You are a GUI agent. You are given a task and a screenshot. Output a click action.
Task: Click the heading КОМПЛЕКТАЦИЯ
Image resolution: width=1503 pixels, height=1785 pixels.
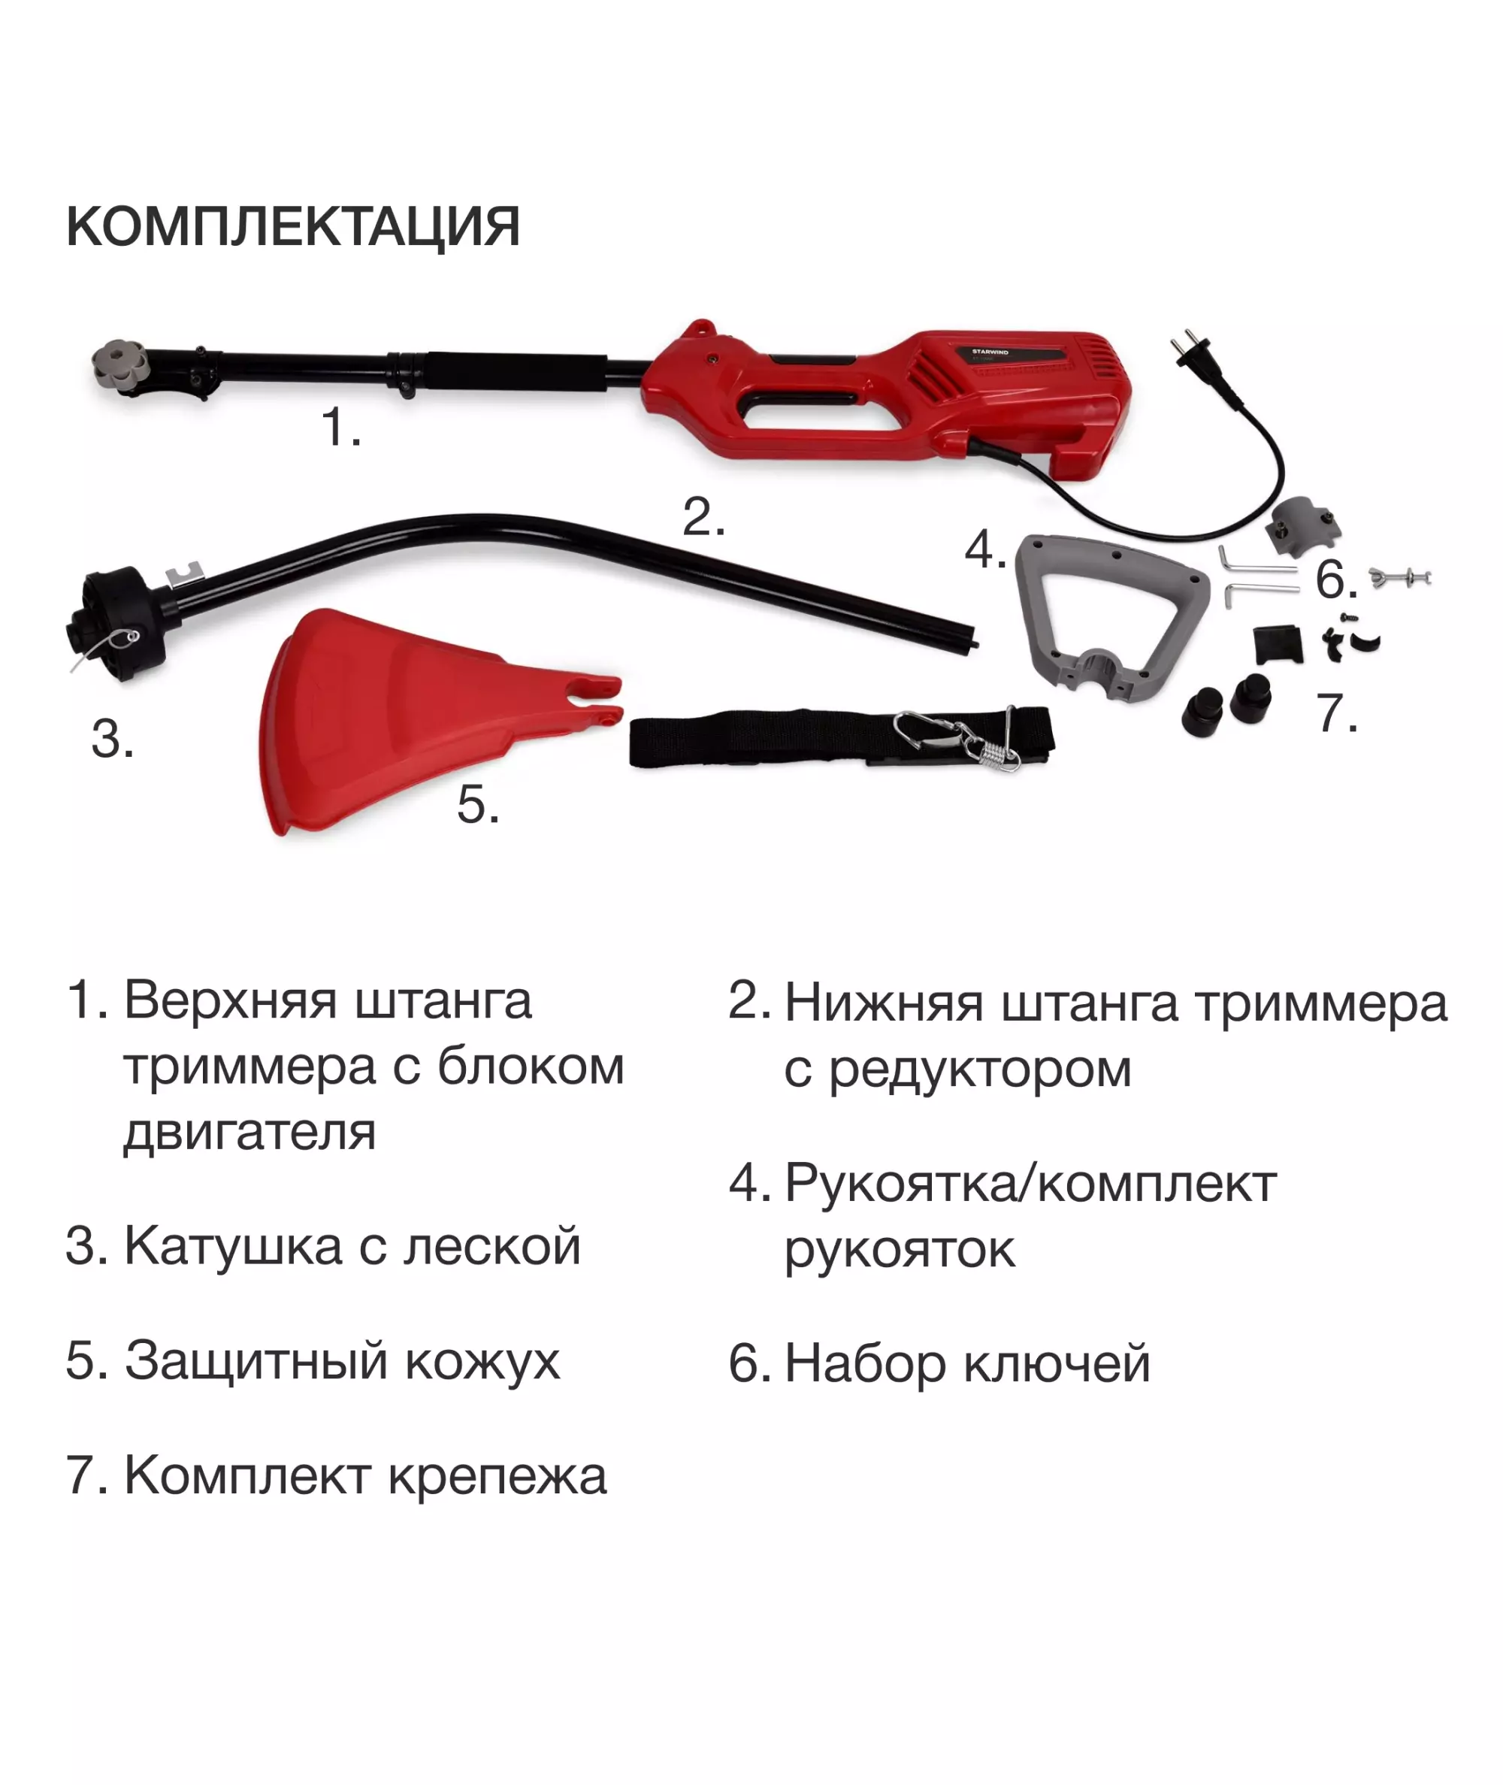click(293, 227)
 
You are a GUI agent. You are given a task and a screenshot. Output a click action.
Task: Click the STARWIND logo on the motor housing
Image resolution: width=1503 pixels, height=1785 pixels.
click(990, 351)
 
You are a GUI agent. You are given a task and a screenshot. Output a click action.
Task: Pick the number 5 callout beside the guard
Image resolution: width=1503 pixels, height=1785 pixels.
click(478, 803)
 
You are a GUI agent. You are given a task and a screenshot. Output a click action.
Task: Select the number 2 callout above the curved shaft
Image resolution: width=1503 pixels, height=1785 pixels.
click(704, 516)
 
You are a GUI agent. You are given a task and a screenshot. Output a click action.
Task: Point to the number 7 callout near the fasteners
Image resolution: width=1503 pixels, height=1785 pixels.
click(1337, 713)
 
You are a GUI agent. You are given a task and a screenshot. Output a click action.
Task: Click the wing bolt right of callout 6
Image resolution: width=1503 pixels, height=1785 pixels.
click(1400, 578)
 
